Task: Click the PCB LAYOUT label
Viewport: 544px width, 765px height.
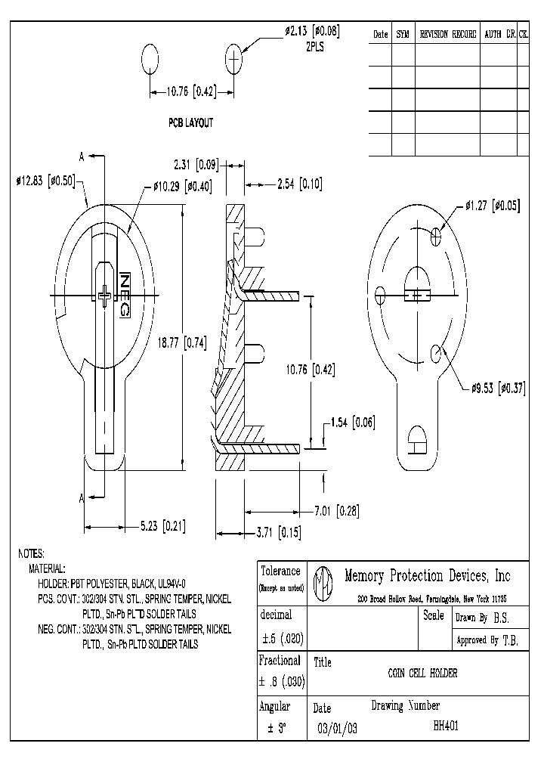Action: pos(190,122)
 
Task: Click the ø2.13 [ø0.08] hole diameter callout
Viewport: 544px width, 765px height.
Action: pos(312,31)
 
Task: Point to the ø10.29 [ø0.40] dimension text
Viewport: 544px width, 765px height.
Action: pos(182,186)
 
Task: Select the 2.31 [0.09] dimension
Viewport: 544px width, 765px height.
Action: pos(196,163)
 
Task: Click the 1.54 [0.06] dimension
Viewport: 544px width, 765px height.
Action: pos(352,422)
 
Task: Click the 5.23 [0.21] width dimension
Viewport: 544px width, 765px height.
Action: pos(162,526)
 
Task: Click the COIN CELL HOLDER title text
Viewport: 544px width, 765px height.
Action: pos(422,673)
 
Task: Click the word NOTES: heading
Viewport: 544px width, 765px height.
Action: pos(31,553)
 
